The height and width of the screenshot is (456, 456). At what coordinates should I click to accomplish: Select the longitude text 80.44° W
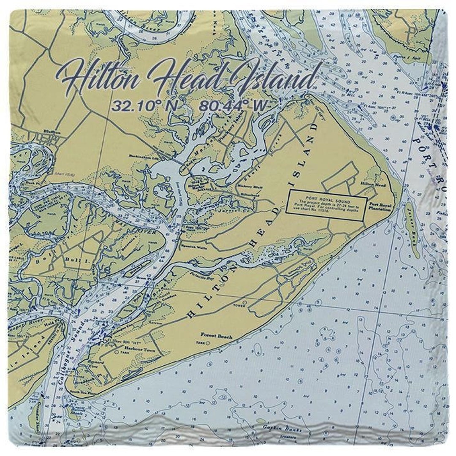click(x=234, y=106)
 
